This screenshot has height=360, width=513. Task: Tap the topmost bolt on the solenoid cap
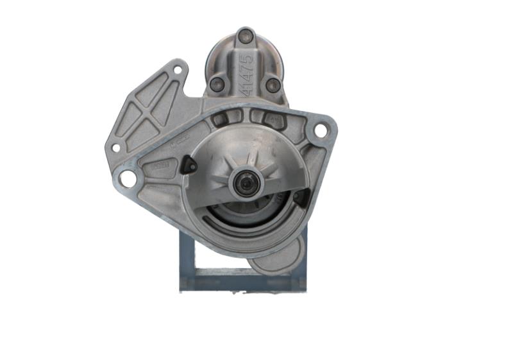coord(245,36)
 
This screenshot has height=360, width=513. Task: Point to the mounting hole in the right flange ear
coord(319,130)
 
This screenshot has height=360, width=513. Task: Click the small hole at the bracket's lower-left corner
coord(115,148)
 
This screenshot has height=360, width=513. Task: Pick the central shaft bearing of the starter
coord(246,184)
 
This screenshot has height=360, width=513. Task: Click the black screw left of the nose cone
coord(189,166)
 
